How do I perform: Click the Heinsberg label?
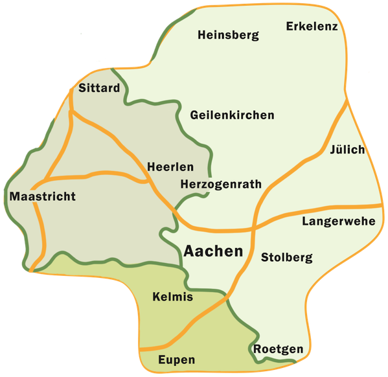(x=228, y=35)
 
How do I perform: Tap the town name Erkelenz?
(x=312, y=27)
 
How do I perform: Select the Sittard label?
(x=99, y=88)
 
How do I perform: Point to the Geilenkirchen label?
(x=232, y=115)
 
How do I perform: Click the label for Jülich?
(x=347, y=150)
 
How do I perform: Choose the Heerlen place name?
(x=167, y=165)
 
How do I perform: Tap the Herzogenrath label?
(x=220, y=184)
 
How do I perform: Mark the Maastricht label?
(x=43, y=196)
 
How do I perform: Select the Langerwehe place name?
(x=339, y=222)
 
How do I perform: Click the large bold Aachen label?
(x=213, y=251)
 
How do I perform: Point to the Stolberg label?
(x=286, y=258)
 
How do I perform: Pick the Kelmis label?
(x=173, y=297)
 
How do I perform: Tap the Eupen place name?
(x=176, y=360)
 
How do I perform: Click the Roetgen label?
(x=278, y=350)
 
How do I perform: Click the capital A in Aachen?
(x=190, y=251)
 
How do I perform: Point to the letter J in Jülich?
(x=332, y=150)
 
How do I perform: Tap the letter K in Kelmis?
(x=156, y=297)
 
